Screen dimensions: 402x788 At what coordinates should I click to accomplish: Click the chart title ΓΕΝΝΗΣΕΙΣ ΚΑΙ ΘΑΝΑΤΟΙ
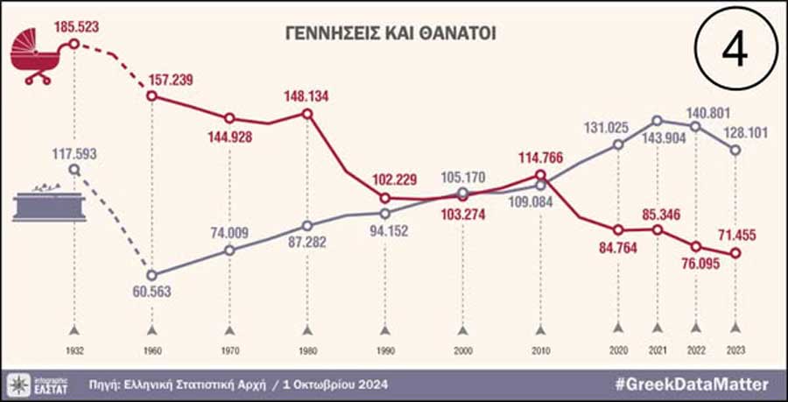pos(392,33)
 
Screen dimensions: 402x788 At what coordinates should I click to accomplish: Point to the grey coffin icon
pos(49,204)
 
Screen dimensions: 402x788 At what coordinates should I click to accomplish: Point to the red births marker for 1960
pos(151,95)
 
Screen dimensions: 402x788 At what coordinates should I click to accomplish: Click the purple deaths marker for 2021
pos(658,121)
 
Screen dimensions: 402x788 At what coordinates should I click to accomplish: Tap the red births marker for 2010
pos(541,174)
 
